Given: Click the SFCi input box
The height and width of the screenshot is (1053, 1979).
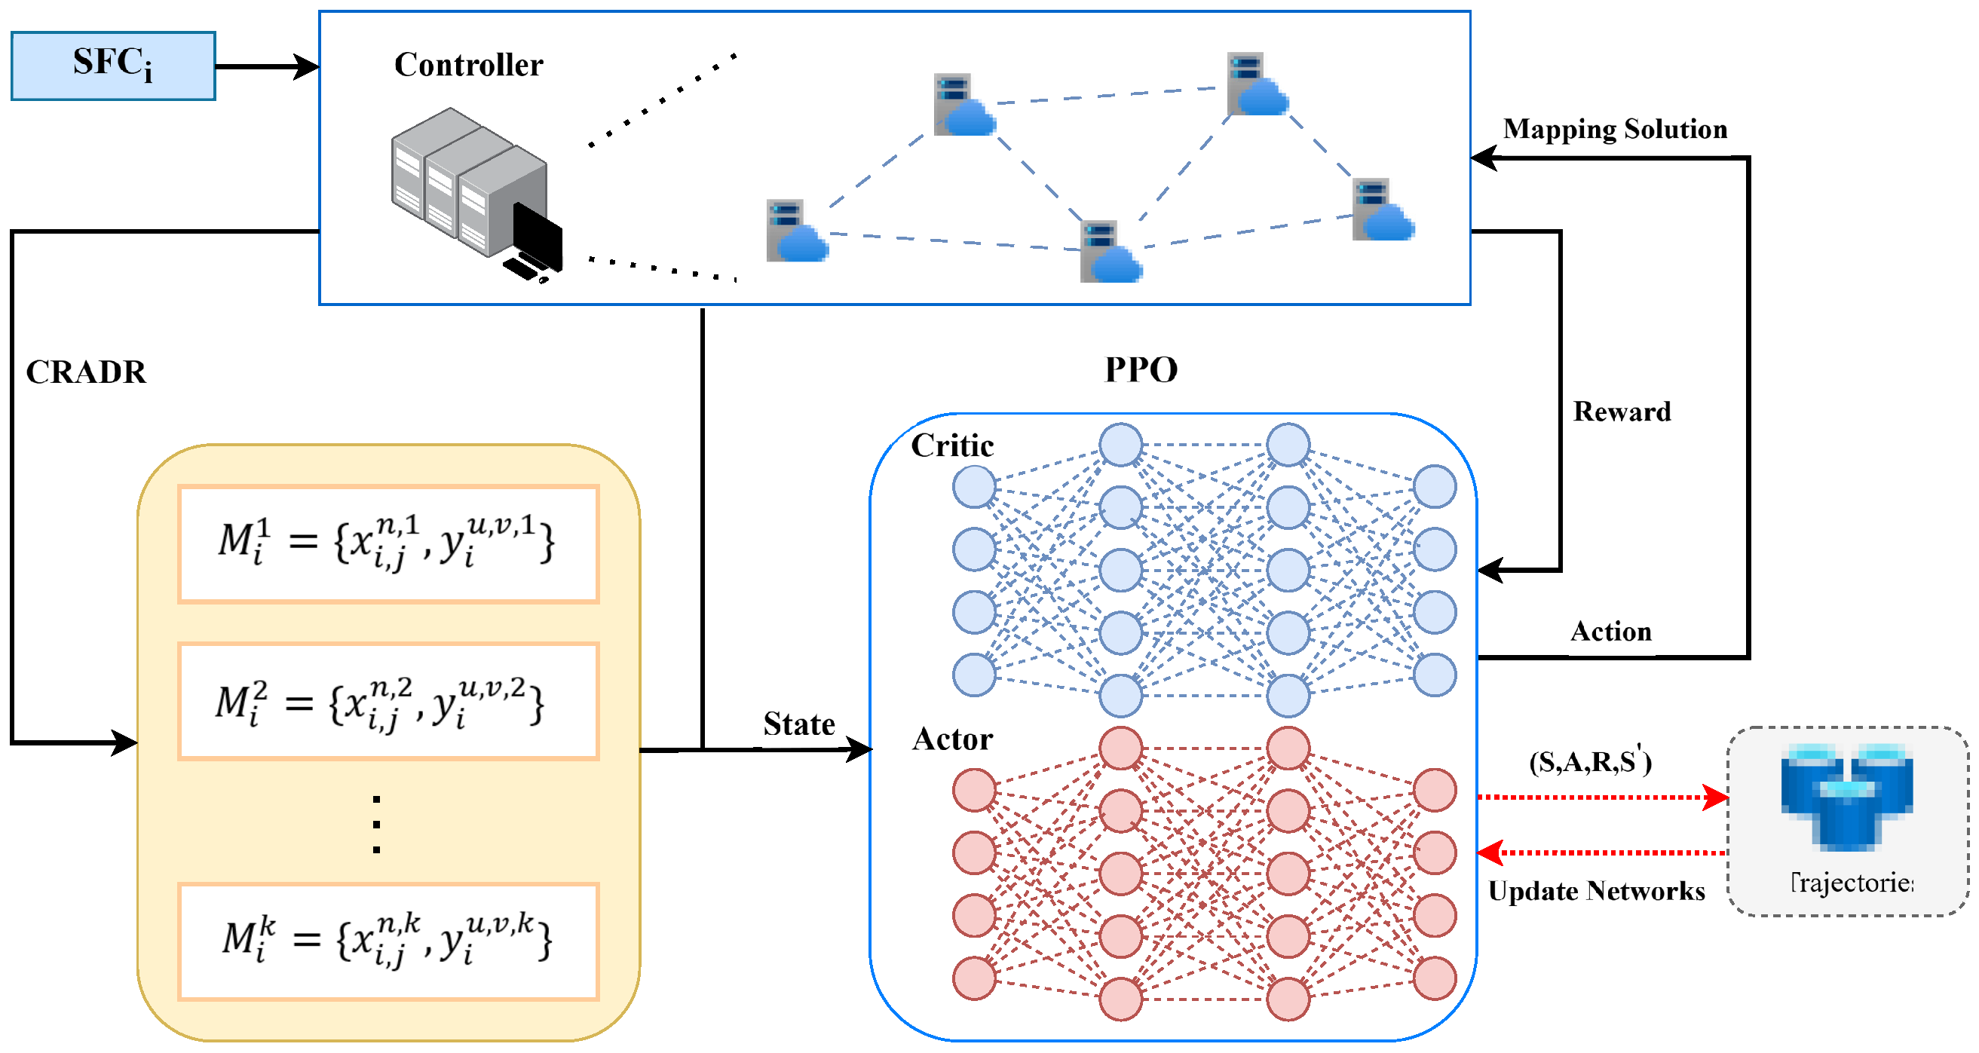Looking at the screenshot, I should click(x=113, y=66).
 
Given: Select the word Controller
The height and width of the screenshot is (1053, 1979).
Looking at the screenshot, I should click(x=468, y=66).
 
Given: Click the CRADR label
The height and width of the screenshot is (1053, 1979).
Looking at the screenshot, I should click(x=86, y=372).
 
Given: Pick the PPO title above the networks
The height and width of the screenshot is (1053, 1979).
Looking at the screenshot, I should click(x=1140, y=369).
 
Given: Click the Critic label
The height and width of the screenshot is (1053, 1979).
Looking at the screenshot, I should click(x=952, y=445).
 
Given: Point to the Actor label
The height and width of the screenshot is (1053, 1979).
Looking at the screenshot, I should click(x=952, y=739).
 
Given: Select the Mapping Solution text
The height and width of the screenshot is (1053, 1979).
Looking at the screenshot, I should click(x=1615, y=129).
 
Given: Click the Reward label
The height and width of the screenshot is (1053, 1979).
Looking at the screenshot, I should click(x=1622, y=412).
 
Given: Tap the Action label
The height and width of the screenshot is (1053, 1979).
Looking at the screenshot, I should click(x=1610, y=632).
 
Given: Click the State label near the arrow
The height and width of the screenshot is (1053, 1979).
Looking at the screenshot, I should click(x=798, y=724).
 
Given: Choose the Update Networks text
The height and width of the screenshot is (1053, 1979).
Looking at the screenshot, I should click(x=1596, y=891).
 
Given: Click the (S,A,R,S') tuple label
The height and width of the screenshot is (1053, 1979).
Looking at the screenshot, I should click(x=1589, y=761).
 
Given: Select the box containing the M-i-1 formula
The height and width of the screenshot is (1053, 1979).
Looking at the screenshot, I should click(x=388, y=543).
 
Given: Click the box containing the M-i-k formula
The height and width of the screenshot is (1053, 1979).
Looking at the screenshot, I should click(x=388, y=941).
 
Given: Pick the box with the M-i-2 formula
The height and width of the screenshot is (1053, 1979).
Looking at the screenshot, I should click(x=388, y=701).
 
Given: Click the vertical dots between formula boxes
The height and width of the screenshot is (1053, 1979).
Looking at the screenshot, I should click(x=376, y=824).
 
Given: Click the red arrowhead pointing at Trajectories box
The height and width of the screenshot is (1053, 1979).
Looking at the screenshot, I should click(x=1714, y=797).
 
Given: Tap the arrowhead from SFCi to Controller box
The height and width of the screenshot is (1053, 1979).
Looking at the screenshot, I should click(x=308, y=67).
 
